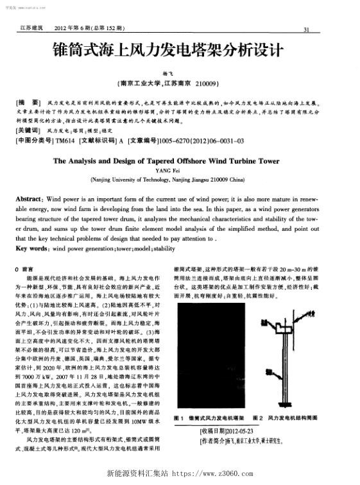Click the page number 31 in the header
click(306, 29)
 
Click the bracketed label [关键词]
click(28, 129)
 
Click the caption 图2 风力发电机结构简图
click(292, 418)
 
